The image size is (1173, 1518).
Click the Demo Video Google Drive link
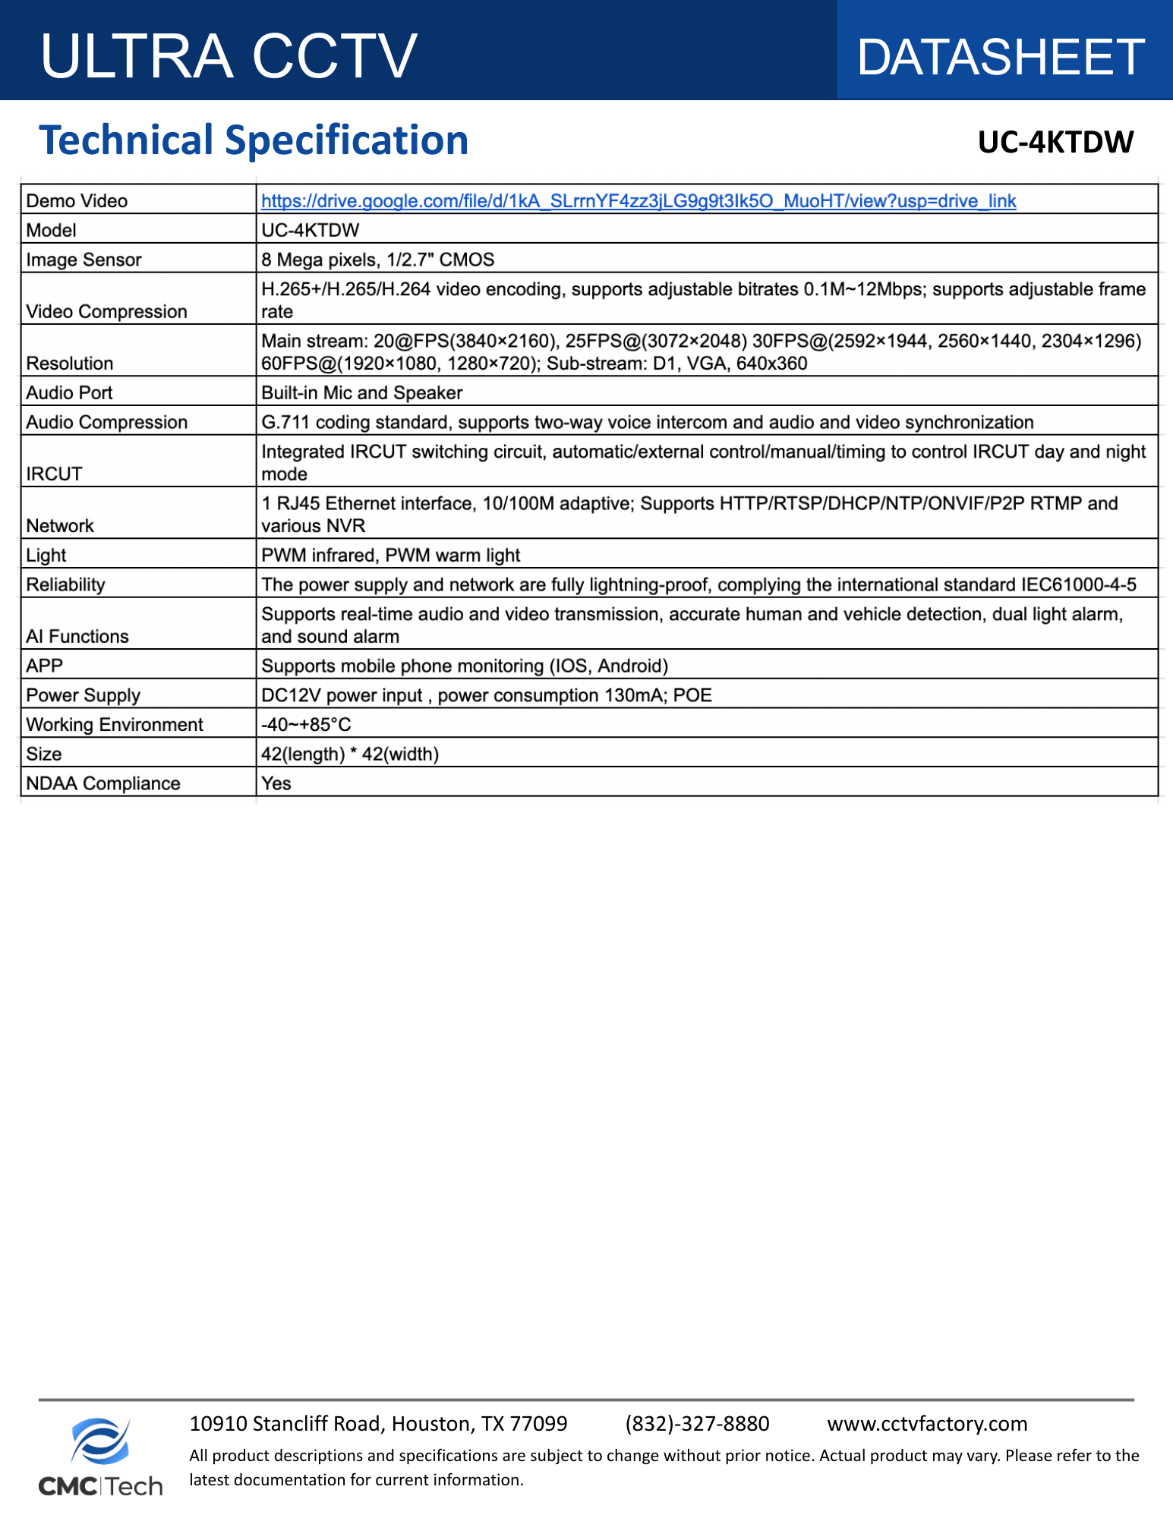coord(638,201)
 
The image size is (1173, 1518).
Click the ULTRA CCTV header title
coord(229,56)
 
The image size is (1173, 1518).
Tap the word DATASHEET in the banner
coord(1000,58)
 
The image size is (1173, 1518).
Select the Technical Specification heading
coord(254,140)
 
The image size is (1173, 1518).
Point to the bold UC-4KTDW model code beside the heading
coord(1055,142)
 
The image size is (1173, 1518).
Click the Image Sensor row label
coord(84,260)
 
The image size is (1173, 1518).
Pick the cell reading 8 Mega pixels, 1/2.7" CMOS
coord(377,260)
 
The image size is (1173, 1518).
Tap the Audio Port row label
coord(69,392)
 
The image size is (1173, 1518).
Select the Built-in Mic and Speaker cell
coord(361,392)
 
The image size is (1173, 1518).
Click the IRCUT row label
coord(54,474)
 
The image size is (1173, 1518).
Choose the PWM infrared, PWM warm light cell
coord(390,555)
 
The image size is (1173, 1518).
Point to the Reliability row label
coord(65,584)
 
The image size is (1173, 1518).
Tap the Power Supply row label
coord(83,695)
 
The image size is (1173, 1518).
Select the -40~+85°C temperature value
coord(306,725)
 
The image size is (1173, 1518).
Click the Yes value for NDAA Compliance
coord(276,783)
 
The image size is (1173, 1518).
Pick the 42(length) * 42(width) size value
coord(350,754)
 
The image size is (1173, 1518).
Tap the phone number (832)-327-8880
coord(697,1423)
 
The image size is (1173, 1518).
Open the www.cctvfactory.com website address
coord(927,1423)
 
